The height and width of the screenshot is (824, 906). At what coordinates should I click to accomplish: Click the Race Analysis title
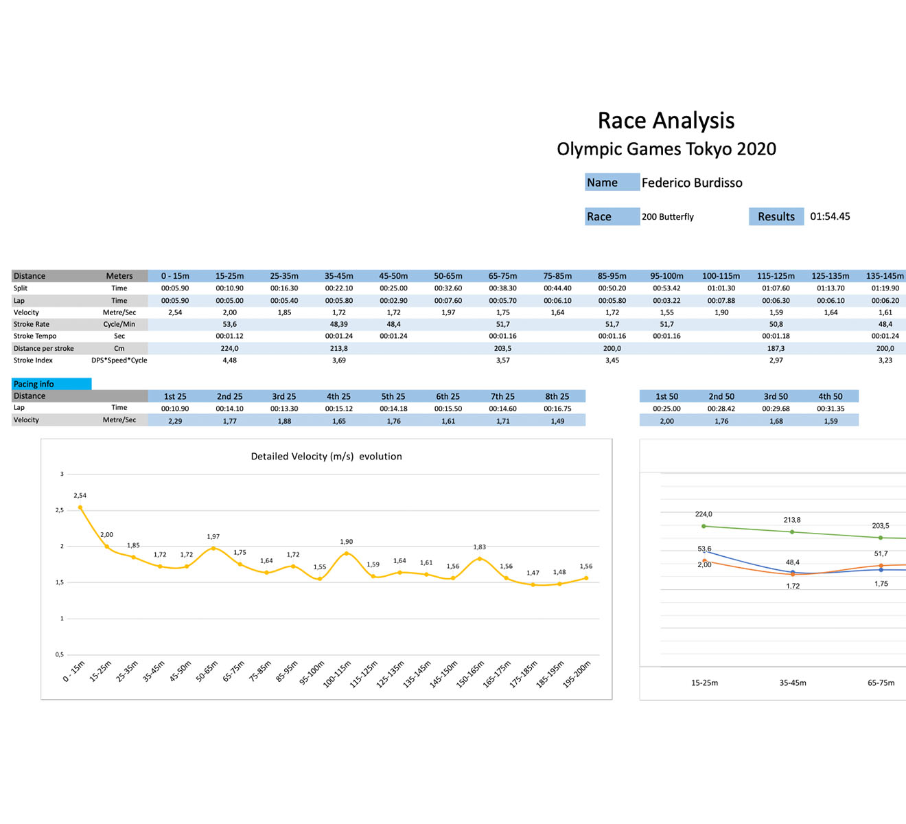[x=666, y=121]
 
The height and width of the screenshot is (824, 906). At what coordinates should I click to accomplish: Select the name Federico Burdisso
[x=692, y=183]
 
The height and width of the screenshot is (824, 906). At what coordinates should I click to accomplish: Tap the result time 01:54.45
[x=830, y=216]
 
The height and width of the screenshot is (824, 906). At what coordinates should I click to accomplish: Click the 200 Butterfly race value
[x=668, y=217]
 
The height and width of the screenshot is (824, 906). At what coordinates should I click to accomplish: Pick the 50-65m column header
[x=448, y=276]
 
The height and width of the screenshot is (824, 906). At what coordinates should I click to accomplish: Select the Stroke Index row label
[x=33, y=360]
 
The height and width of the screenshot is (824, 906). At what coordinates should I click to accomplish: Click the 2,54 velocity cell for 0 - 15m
[x=175, y=312]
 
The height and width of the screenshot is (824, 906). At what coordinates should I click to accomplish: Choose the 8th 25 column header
[x=557, y=396]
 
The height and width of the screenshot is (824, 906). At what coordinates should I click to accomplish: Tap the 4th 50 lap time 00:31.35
[x=830, y=409]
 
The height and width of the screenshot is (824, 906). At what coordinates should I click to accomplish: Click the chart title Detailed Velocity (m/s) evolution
[x=326, y=457]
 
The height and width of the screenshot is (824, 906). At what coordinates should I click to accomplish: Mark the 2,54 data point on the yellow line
[x=80, y=507]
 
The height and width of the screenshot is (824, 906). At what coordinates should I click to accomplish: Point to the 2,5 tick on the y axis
[x=60, y=510]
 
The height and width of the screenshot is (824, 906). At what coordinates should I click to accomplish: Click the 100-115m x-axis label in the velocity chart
[x=338, y=674]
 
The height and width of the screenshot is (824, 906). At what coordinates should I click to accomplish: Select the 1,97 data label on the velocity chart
[x=213, y=537]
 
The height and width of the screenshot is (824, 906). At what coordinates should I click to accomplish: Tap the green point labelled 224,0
[x=704, y=526]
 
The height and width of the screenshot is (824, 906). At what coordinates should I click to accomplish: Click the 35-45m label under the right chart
[x=793, y=683]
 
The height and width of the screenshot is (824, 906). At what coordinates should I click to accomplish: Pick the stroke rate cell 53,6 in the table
[x=229, y=324]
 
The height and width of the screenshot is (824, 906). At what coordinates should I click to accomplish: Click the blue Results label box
[x=776, y=217]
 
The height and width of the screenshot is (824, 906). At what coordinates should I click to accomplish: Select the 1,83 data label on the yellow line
[x=479, y=547]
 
